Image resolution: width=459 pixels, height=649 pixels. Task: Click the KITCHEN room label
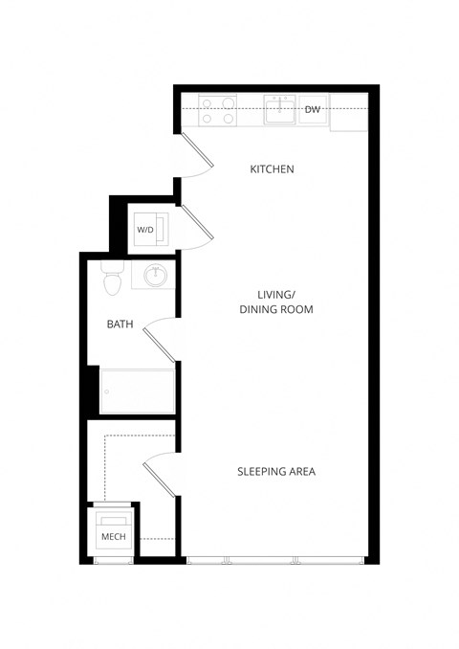272,169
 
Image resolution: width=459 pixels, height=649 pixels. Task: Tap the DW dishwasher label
312,110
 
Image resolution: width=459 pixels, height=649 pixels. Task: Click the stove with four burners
219,111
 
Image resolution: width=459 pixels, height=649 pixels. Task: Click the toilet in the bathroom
113,280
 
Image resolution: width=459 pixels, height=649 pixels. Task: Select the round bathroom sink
156,277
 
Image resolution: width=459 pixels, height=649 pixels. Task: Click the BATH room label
120,324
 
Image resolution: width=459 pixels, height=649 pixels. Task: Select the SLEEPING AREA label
276,471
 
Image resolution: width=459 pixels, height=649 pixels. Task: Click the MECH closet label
113,537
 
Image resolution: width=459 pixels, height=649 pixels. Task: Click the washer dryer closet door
197,226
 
